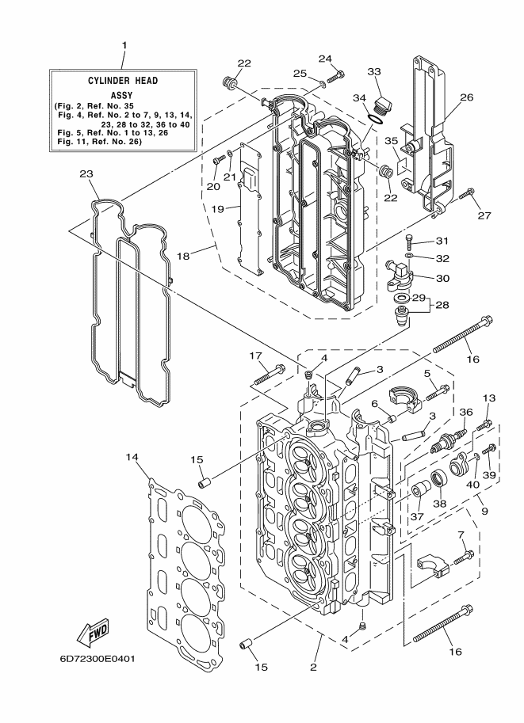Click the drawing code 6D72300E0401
[97, 659]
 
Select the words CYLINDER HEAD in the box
[123, 81]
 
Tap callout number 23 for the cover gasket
[86, 174]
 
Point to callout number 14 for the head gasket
[132, 457]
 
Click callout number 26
[467, 97]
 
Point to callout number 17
[256, 356]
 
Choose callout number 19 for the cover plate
[217, 209]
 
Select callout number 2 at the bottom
[313, 668]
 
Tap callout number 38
[439, 504]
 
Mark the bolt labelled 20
[219, 159]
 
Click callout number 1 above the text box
[124, 45]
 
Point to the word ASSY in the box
[122, 96]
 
